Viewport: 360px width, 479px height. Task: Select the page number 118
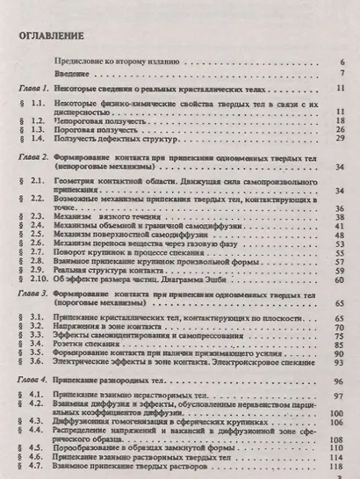point(338,468)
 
